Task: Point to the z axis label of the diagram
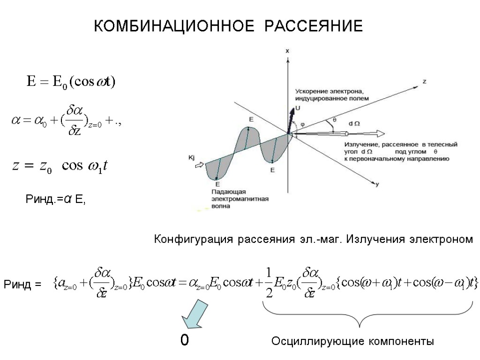coord(425,81)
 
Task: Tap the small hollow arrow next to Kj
coord(200,165)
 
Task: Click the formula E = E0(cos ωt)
coord(70,82)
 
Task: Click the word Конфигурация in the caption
coord(193,240)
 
